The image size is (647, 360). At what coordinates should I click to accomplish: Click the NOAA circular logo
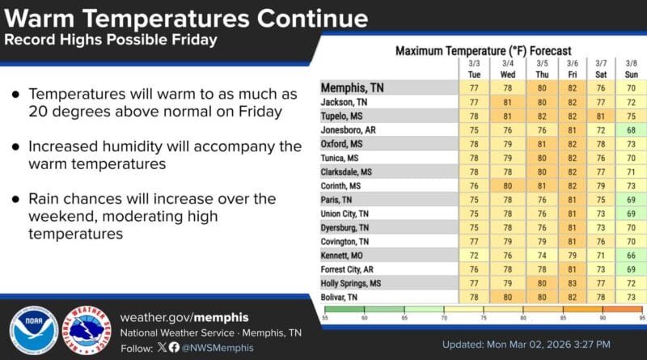pyautogui.click(x=33, y=330)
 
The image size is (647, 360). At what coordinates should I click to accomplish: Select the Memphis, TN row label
pyautogui.click(x=353, y=87)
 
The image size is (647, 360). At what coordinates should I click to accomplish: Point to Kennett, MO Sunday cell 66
pyautogui.click(x=631, y=256)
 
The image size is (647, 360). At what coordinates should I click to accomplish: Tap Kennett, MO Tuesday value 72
pyautogui.click(x=474, y=256)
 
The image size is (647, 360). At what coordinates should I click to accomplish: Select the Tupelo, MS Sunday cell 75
pyautogui.click(x=631, y=116)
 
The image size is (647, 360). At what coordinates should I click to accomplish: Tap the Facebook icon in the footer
pyautogui.click(x=174, y=347)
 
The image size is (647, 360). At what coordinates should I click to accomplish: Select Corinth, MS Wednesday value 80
pyautogui.click(x=507, y=185)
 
